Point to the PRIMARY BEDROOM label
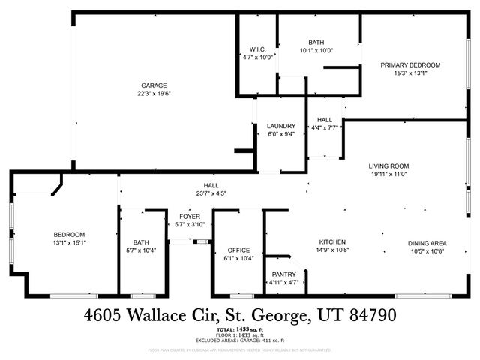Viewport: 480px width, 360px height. click(x=410, y=65)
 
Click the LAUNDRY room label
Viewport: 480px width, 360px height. click(x=281, y=126)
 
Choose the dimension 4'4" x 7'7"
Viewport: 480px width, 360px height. click(x=325, y=128)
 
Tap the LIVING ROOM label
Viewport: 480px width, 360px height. click(x=388, y=166)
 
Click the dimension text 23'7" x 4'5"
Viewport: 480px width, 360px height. click(x=211, y=193)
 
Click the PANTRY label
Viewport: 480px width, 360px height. click(x=283, y=274)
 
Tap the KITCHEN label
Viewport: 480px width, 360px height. click(x=332, y=241)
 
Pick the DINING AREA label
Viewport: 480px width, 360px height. click(x=427, y=242)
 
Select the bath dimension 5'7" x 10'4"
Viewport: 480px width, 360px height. click(x=142, y=250)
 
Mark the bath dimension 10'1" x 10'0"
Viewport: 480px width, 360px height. click(x=316, y=51)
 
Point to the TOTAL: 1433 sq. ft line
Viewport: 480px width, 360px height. click(x=240, y=329)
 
